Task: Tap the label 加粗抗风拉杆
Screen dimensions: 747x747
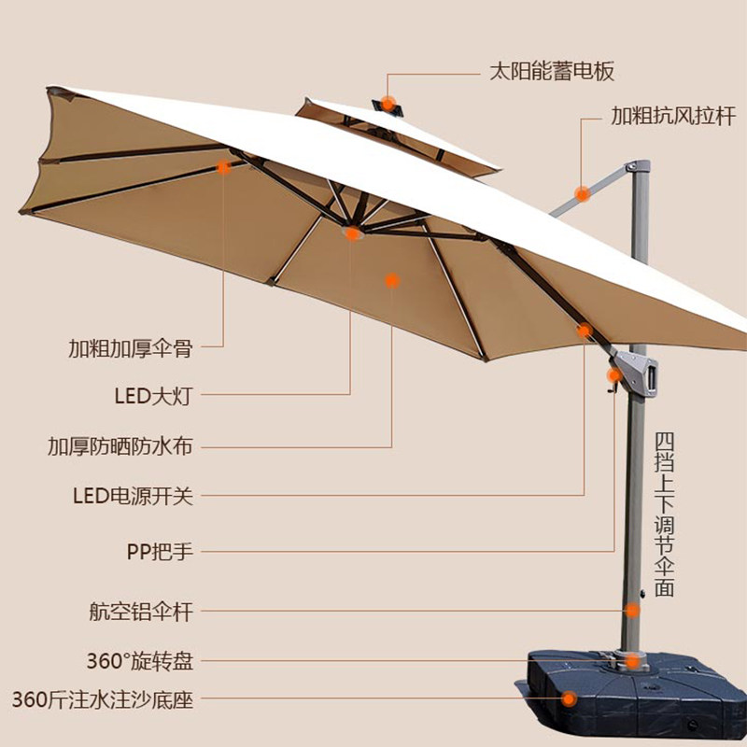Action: [672, 117]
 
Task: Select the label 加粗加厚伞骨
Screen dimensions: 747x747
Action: [130, 348]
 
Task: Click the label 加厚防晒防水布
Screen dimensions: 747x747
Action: [120, 445]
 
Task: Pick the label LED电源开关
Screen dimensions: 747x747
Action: [133, 495]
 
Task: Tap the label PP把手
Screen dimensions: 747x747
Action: [160, 551]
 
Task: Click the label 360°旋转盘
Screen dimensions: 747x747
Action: [139, 662]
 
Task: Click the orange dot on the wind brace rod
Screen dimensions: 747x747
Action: [582, 194]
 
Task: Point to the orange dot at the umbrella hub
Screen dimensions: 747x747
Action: [352, 233]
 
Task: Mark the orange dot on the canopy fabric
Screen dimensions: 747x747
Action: [392, 279]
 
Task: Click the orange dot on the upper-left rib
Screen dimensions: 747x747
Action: [223, 168]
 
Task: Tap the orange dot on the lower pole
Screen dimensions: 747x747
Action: [633, 612]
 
